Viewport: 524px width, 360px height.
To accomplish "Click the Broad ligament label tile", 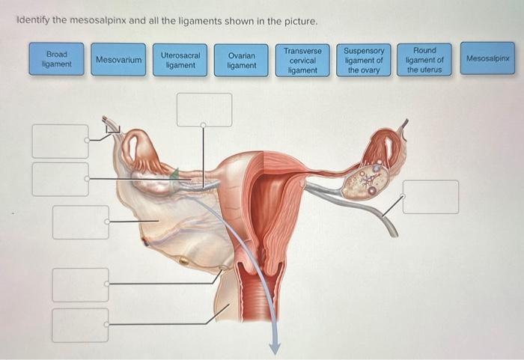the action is [x=57, y=59].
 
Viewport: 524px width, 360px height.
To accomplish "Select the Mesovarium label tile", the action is [x=118, y=59].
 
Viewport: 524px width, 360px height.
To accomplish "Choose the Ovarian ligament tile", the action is [x=241, y=61].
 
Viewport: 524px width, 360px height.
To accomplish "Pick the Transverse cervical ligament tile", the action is [x=302, y=60].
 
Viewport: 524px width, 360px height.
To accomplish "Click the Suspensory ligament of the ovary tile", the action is [x=363, y=60].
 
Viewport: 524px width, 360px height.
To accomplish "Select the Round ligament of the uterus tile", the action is [x=424, y=60].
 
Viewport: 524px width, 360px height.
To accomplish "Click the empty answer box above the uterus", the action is [x=204, y=109].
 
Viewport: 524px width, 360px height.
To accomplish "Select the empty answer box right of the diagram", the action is [x=430, y=196].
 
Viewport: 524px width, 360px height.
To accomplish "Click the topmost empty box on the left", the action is [x=60, y=141].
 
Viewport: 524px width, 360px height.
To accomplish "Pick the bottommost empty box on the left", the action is [x=80, y=325].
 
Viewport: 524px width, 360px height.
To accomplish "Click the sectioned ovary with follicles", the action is [x=365, y=181].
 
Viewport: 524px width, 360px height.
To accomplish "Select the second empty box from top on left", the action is [x=60, y=179].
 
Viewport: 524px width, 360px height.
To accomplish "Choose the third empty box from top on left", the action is [x=80, y=222].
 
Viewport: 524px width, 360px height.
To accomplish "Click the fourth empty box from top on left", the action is [x=80, y=284].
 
